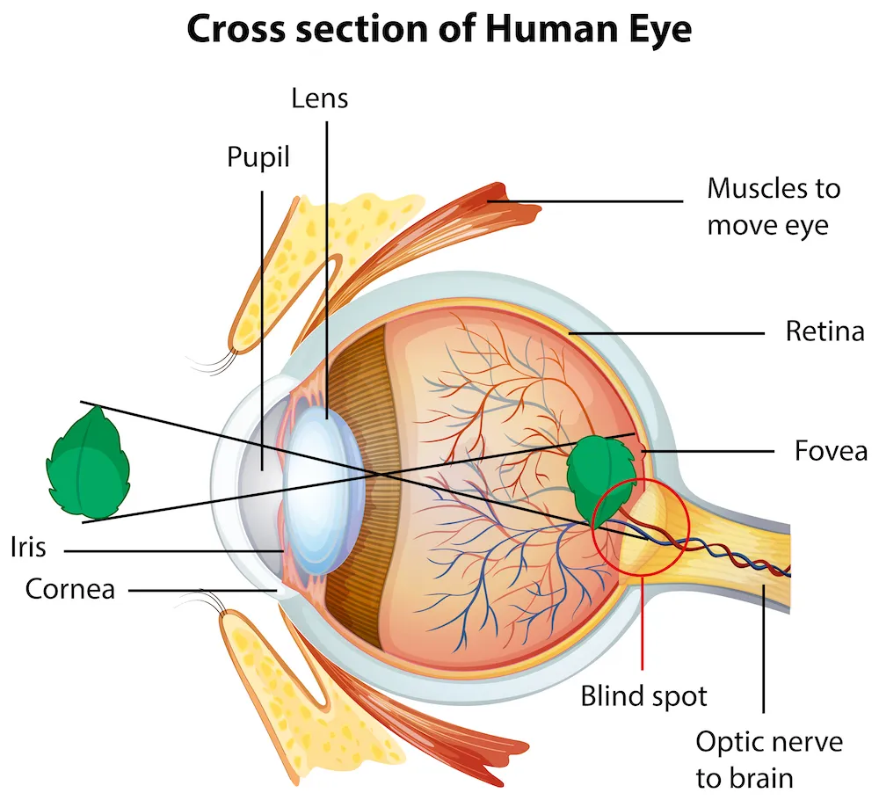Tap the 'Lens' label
320,98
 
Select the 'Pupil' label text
258,158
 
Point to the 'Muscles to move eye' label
774,207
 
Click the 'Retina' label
825,332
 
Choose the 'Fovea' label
831,451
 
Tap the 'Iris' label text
28,547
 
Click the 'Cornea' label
70,588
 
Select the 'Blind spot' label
643,696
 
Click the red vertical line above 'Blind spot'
643,624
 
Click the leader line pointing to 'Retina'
668,333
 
